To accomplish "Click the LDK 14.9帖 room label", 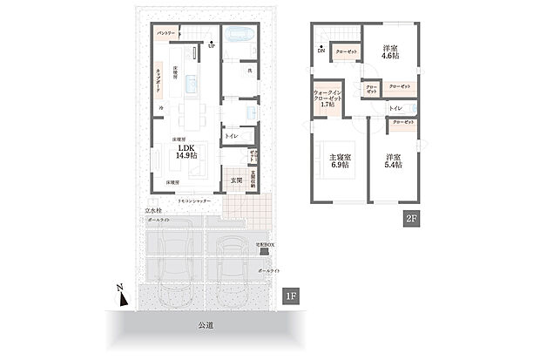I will coord(187,152).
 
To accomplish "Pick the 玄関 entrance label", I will coord(236,181).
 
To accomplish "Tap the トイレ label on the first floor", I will coord(232,137).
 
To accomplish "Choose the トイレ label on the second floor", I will coord(395,108).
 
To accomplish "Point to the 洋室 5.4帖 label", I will coord(392,161).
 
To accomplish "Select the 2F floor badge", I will coord(409,220).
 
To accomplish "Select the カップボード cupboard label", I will coord(159,78).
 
